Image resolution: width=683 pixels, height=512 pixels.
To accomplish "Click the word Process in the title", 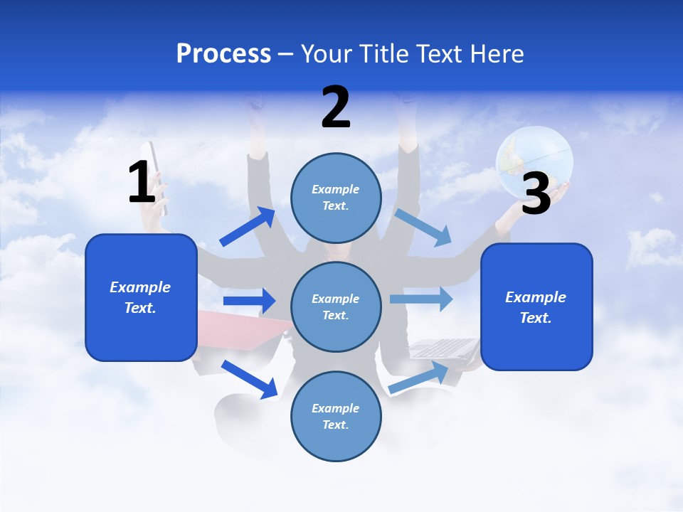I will pos(223,53).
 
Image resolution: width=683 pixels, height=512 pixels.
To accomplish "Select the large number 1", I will pos(142,183).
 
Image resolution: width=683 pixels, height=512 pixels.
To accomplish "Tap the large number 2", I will pos(336,107).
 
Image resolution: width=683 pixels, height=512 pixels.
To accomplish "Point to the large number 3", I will pos(536,193).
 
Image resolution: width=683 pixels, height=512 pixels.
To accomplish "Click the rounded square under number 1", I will pos(141,297).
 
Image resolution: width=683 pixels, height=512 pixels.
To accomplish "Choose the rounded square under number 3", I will pos(536,306).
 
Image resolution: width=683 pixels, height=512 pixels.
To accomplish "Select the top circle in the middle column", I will pos(336,198).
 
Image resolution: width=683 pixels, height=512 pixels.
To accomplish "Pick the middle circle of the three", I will pos(336,306).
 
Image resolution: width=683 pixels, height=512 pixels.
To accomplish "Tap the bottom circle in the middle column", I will pos(336,416).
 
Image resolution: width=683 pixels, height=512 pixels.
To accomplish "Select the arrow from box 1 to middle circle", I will pos(250,301).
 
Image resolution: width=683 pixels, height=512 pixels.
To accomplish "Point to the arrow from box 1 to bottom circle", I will pos(250,379).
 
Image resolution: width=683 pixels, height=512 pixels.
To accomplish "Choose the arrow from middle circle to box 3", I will pos(422,299).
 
